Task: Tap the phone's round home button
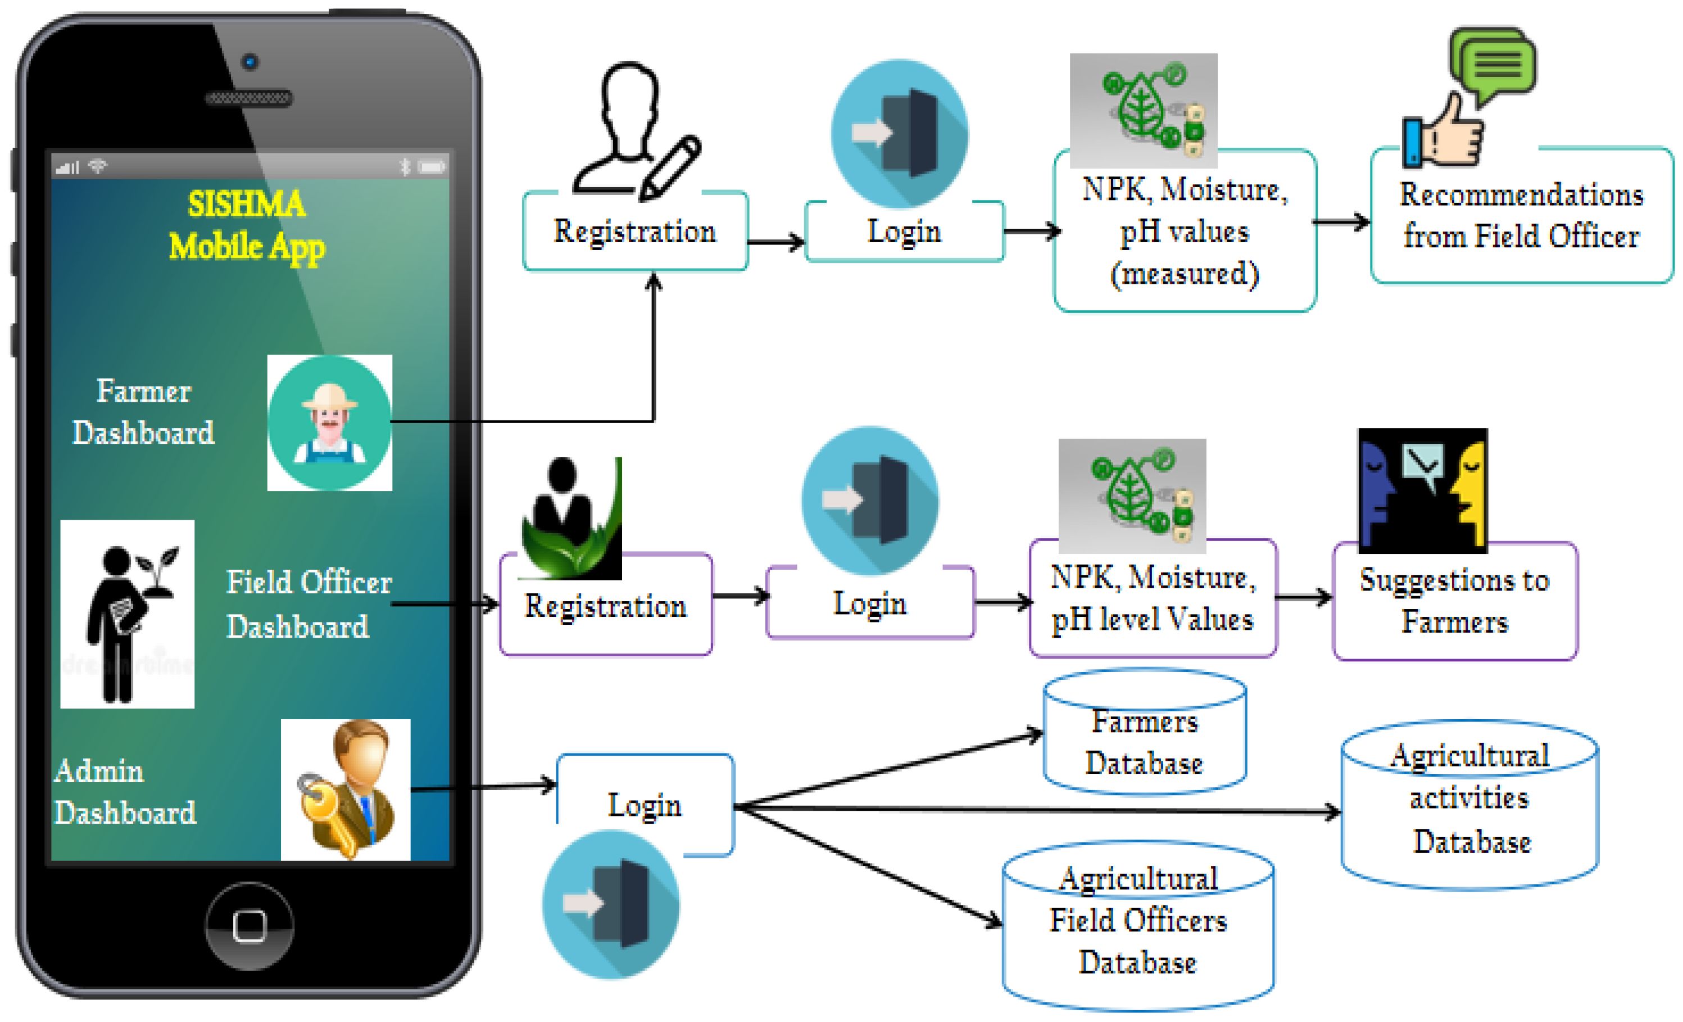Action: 249,926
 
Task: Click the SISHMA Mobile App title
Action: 247,225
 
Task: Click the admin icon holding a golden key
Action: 346,790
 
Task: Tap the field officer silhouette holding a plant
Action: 128,614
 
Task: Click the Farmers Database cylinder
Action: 1145,741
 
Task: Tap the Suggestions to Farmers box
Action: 1455,601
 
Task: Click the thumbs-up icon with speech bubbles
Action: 1468,99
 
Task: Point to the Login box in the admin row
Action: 645,804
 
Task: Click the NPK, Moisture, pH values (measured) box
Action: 1185,232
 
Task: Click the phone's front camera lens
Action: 249,62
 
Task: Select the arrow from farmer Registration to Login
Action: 777,242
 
